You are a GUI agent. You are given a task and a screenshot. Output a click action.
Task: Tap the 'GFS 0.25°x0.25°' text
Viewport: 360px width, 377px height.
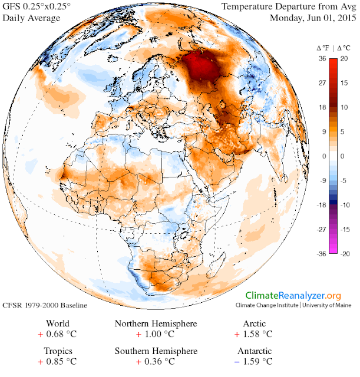[37, 7]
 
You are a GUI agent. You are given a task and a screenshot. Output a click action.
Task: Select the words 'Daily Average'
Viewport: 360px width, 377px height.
[31, 18]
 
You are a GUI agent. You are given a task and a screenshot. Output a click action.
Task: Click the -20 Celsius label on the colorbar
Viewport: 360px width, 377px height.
[346, 254]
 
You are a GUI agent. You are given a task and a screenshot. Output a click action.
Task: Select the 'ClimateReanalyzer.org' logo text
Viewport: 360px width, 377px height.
[293, 295]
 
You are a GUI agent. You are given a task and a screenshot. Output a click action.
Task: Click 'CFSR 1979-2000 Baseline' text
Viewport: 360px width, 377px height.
[45, 306]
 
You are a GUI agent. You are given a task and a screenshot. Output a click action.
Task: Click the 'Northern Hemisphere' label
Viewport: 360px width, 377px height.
[156, 324]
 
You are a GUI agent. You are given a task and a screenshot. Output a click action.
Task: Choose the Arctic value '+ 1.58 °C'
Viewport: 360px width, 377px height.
[254, 335]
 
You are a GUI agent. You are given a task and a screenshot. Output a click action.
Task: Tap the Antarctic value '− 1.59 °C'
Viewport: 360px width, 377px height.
[254, 361]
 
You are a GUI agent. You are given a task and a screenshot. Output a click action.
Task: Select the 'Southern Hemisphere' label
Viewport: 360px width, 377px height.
[156, 350]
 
